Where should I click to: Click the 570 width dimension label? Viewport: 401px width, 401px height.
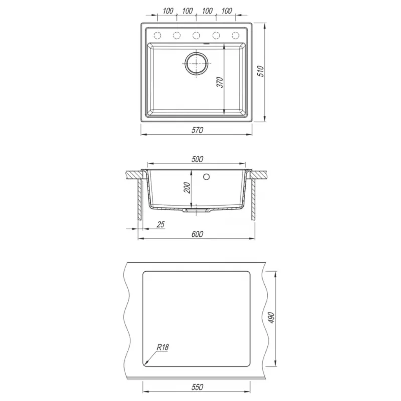pos(197,130)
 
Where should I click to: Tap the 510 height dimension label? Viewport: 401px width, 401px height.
pos(260,71)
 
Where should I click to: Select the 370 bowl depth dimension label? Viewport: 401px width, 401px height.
pos(220,82)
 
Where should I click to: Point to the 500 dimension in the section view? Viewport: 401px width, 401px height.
pos(197,159)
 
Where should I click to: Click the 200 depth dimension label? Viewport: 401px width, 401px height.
pos(187,187)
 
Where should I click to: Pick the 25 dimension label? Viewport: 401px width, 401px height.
pos(160,224)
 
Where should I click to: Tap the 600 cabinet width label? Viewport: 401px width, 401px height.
pos(197,234)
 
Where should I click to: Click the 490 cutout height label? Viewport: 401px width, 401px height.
pos(271,318)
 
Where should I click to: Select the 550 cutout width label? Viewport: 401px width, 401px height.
pos(197,387)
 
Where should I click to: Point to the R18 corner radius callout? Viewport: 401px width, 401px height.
pos(162,347)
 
